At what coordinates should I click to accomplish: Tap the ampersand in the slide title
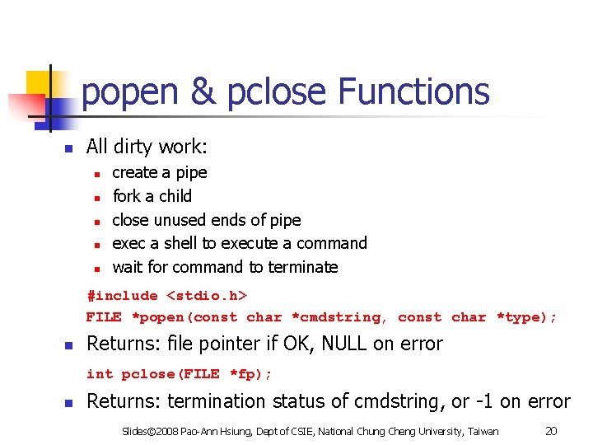202,91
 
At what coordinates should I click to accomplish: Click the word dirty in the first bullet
136,147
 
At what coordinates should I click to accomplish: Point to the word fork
127,196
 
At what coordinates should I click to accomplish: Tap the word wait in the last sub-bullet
126,267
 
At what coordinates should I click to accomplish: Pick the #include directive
122,296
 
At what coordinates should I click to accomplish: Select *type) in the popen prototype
526,317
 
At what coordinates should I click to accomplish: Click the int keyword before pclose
100,374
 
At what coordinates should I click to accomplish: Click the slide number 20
553,430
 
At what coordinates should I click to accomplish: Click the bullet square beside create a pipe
96,174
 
